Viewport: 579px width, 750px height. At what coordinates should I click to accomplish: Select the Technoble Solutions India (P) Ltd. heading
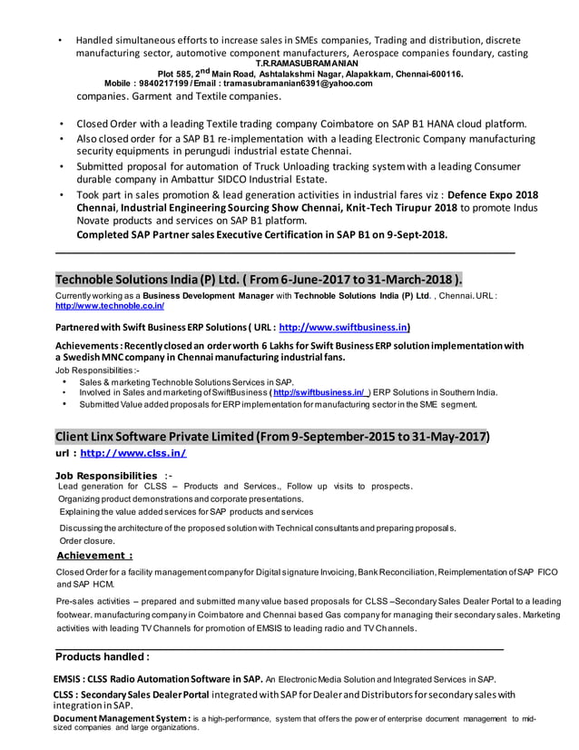pyautogui.click(x=259, y=279)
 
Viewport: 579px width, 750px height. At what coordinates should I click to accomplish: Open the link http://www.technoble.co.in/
pyautogui.click(x=110, y=307)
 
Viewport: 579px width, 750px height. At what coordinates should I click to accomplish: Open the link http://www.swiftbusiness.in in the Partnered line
pyautogui.click(x=342, y=327)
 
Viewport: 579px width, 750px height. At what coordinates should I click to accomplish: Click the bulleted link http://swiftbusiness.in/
pyautogui.click(x=318, y=392)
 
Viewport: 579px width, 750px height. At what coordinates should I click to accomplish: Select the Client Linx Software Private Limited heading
pyautogui.click(x=272, y=437)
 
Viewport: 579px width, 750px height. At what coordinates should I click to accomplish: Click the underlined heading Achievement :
pyautogui.click(x=94, y=555)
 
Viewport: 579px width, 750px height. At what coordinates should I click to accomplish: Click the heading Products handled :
pyautogui.click(x=103, y=656)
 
